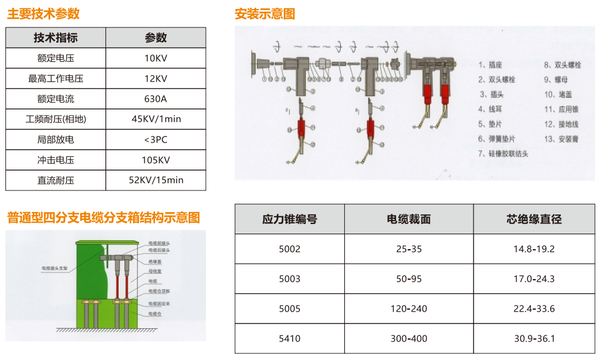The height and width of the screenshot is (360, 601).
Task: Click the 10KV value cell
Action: click(x=156, y=58)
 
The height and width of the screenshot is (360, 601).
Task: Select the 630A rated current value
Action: click(x=156, y=99)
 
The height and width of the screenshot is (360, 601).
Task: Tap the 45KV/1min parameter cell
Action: click(x=156, y=119)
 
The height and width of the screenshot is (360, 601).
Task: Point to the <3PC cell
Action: click(x=156, y=140)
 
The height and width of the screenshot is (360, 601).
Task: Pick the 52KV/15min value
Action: click(x=156, y=180)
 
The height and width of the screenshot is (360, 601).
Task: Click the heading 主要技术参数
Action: click(x=43, y=14)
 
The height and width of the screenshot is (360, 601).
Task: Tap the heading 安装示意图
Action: click(x=265, y=14)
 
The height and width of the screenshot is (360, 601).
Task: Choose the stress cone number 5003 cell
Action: click(x=290, y=279)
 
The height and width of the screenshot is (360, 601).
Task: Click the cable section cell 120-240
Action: click(x=409, y=308)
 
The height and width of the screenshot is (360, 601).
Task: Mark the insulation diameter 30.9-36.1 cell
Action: click(x=534, y=338)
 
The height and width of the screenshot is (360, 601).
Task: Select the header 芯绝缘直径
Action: click(x=534, y=219)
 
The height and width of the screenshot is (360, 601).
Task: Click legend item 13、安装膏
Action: click(x=561, y=139)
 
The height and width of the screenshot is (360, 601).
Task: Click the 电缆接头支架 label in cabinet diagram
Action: click(x=54, y=268)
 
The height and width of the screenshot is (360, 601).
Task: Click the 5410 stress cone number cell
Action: click(x=290, y=338)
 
